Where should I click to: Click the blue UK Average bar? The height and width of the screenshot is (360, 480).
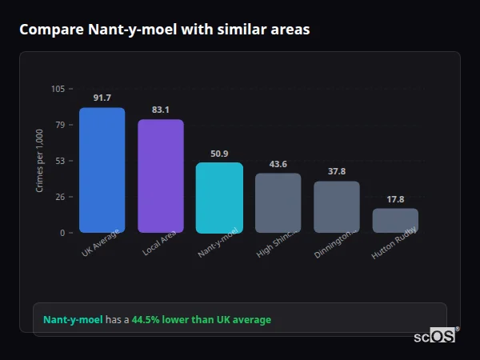point(102,170)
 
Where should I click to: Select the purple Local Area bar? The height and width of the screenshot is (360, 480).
point(160,176)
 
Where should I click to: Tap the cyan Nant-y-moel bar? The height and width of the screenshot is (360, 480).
point(219,198)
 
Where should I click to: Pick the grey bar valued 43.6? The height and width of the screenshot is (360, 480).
point(278,202)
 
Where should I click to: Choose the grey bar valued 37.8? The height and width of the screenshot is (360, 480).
point(336,206)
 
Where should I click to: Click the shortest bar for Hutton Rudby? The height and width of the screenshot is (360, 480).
point(395,220)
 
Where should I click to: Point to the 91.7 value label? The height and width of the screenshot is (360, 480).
point(102,98)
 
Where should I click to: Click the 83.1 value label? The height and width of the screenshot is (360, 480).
point(160,110)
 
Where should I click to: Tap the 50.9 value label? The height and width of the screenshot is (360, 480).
point(219,153)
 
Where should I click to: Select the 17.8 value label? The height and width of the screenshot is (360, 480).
point(395,199)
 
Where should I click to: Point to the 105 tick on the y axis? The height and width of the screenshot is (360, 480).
point(58,89)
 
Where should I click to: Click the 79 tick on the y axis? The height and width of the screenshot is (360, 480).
point(60,125)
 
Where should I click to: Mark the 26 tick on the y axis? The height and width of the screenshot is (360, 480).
point(60,197)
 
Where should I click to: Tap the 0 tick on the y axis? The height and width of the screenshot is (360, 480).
point(62,233)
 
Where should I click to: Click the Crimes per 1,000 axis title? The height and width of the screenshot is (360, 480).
point(39,160)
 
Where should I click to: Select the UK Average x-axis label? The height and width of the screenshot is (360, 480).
point(101,244)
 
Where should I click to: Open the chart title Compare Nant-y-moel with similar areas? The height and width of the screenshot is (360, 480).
point(164,30)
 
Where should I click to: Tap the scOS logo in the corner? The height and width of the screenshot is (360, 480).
point(435,337)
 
